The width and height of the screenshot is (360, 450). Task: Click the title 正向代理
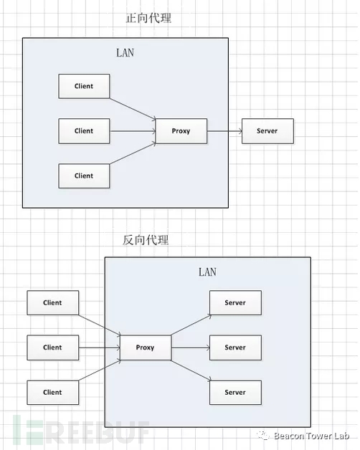(x=148, y=18)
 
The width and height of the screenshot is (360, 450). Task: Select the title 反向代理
(x=146, y=240)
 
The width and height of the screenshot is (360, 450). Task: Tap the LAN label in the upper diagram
(x=125, y=53)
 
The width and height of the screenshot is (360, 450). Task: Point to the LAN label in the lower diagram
(x=207, y=272)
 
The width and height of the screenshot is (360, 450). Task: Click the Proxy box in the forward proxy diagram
(x=181, y=131)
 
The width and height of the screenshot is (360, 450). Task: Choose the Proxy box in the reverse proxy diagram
(x=146, y=348)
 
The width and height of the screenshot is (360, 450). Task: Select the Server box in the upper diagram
(x=267, y=131)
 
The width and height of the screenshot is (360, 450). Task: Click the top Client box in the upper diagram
(x=84, y=86)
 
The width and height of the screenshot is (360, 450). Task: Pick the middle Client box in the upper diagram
(x=84, y=131)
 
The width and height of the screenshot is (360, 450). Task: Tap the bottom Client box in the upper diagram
(x=84, y=176)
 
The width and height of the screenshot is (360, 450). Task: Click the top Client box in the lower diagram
(x=53, y=303)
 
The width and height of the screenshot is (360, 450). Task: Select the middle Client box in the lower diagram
(x=53, y=348)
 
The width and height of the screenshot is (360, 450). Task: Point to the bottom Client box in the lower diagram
(x=53, y=392)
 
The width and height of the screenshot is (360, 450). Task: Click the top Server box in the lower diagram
(x=236, y=303)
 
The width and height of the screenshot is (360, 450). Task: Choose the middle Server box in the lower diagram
(x=236, y=348)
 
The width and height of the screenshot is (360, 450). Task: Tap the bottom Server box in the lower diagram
(x=236, y=392)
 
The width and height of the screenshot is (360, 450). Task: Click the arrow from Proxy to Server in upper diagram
(x=224, y=131)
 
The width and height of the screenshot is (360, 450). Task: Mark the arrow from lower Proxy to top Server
(x=191, y=325)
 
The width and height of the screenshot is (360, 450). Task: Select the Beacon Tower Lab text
(x=311, y=436)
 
